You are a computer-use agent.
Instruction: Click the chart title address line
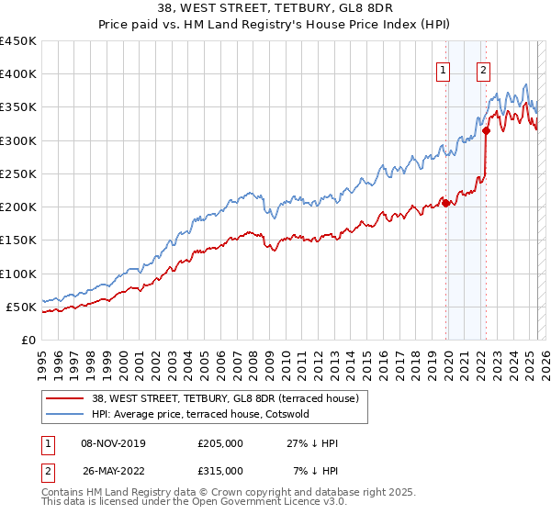pyautogui.click(x=275, y=11)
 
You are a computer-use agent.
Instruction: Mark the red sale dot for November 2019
pyautogui.click(x=446, y=204)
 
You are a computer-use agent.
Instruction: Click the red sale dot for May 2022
pyautogui.click(x=486, y=131)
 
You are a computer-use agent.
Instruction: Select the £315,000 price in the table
pyautogui.click(x=219, y=470)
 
